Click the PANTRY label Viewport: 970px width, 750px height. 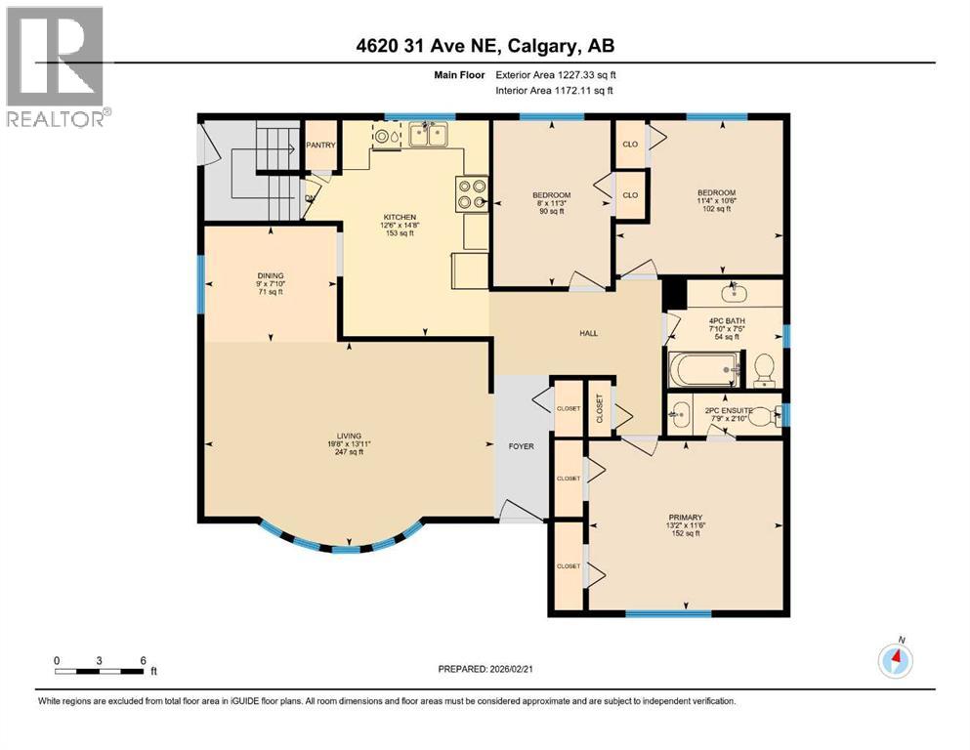point(321,146)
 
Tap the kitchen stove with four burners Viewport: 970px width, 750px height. point(472,194)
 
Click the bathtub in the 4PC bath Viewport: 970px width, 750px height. point(701,370)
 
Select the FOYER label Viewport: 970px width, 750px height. point(521,446)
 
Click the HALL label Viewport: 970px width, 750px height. point(588,334)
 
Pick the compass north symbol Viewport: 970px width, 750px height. point(895,660)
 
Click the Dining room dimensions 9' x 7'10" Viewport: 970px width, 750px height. point(269,286)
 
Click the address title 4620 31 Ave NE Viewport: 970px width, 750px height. point(485,46)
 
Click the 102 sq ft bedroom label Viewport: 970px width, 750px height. point(716,209)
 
